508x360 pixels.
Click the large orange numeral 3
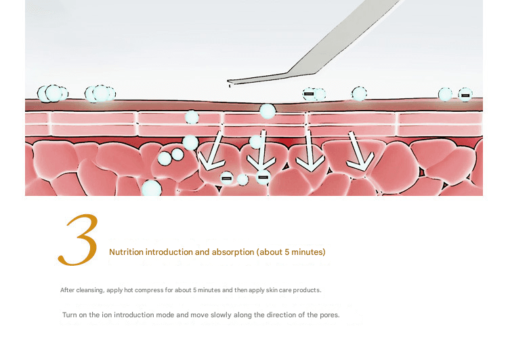[x=79, y=240]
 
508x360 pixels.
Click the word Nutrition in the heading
[x=126, y=252]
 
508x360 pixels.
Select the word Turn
[x=69, y=315]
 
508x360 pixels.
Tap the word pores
[x=329, y=315]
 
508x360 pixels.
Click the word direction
[x=280, y=315]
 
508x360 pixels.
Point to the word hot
[x=129, y=290]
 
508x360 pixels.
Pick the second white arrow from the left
[x=261, y=151]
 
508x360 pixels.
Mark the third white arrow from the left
[x=310, y=151]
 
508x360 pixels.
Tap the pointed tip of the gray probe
[x=228, y=81]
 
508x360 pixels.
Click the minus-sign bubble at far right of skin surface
[x=465, y=95]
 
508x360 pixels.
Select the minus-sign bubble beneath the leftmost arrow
[x=226, y=178]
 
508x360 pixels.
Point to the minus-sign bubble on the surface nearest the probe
[x=309, y=94]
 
